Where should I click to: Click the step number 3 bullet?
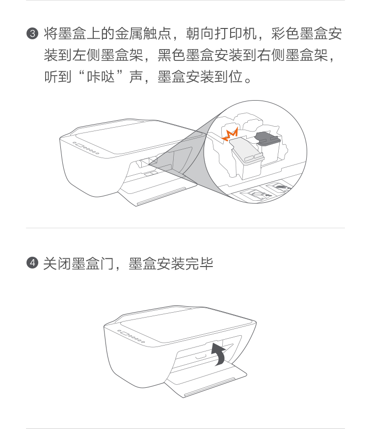point(32,34)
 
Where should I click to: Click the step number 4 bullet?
point(32,263)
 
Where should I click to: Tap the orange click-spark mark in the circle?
point(230,134)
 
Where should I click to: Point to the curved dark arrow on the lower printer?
point(219,354)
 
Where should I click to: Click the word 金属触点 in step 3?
point(143,34)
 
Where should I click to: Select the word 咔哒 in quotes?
point(101,77)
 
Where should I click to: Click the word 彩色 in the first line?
point(285,34)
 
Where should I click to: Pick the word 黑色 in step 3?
point(171,55)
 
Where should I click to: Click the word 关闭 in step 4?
point(57,264)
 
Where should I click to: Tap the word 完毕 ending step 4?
point(199,264)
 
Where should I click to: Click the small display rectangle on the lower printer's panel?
point(125,333)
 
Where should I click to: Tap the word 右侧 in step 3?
point(271,55)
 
